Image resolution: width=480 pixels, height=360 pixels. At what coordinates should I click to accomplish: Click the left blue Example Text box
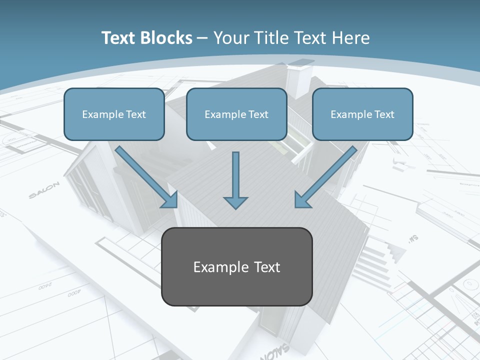114,114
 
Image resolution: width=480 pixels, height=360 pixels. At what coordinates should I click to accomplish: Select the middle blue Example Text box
236,114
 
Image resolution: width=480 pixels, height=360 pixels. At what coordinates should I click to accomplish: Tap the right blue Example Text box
362,114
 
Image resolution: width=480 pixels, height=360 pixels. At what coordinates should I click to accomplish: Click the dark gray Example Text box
237,266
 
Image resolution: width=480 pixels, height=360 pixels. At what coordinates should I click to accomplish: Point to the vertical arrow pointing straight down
235,180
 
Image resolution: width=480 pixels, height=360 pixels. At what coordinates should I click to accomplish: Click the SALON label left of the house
44,190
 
